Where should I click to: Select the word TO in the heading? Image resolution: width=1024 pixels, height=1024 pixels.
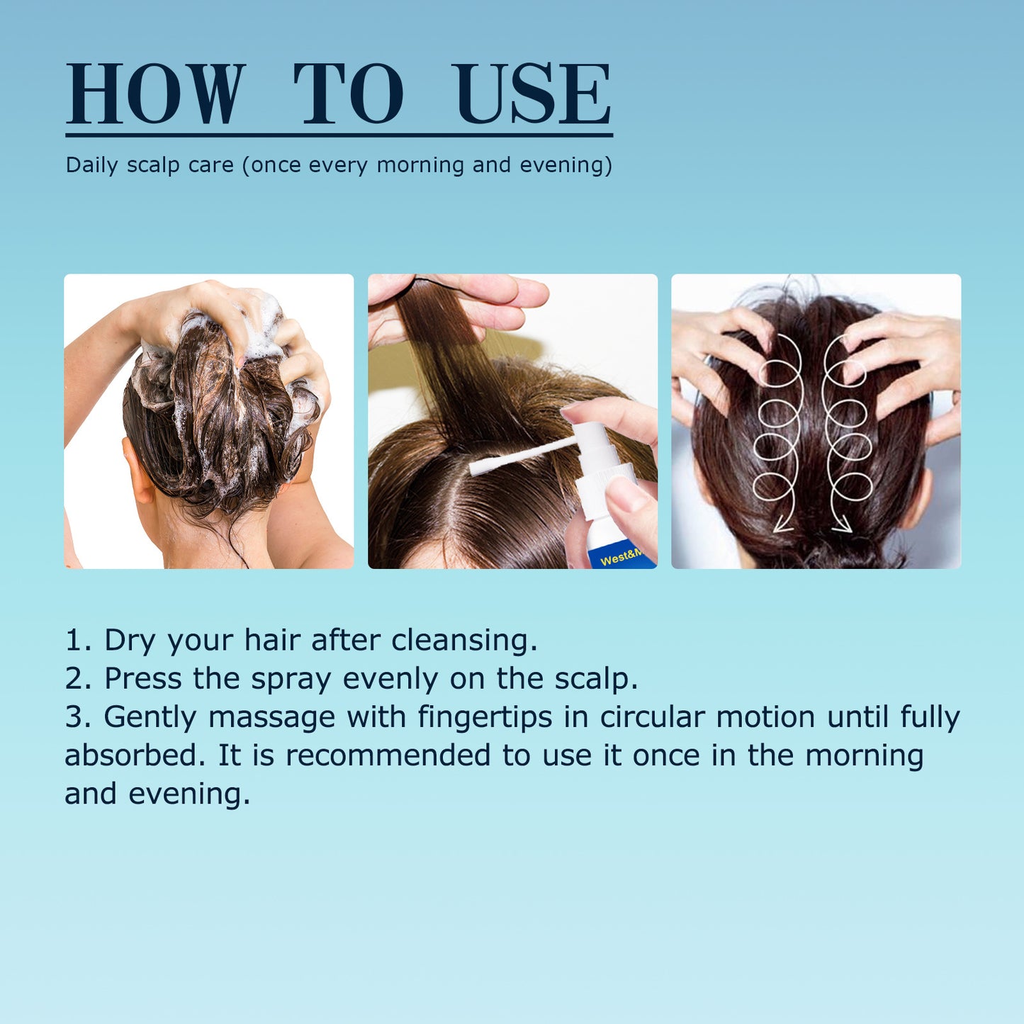pyautogui.click(x=348, y=94)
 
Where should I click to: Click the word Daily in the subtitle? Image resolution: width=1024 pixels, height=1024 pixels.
pyautogui.click(x=91, y=165)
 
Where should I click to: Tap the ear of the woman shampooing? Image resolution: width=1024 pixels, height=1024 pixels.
pyautogui.click(x=139, y=470)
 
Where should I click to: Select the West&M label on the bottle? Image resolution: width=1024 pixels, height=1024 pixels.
pyautogui.click(x=621, y=558)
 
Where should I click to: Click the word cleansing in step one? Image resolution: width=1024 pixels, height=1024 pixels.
pyautogui.click(x=463, y=640)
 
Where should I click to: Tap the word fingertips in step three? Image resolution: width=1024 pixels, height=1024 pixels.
pyautogui.click(x=484, y=717)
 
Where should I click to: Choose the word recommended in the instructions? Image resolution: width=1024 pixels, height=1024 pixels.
pyautogui.click(x=388, y=755)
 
